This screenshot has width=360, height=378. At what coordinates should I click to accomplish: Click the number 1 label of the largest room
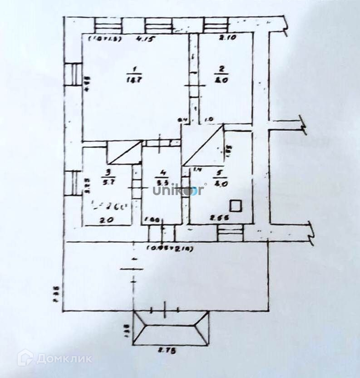click(x=134, y=69)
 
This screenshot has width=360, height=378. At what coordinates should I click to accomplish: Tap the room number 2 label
click(x=222, y=69)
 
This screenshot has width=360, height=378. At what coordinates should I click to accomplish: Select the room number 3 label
click(x=108, y=172)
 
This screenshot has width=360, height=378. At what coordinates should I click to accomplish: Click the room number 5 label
click(x=220, y=172)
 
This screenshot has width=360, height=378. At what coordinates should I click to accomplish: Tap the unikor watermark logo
click(x=179, y=190)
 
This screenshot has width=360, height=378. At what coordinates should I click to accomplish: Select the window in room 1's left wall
click(x=72, y=75)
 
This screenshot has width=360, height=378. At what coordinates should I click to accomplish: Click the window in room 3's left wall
click(x=72, y=183)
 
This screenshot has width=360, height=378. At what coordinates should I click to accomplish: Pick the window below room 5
click(x=231, y=234)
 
